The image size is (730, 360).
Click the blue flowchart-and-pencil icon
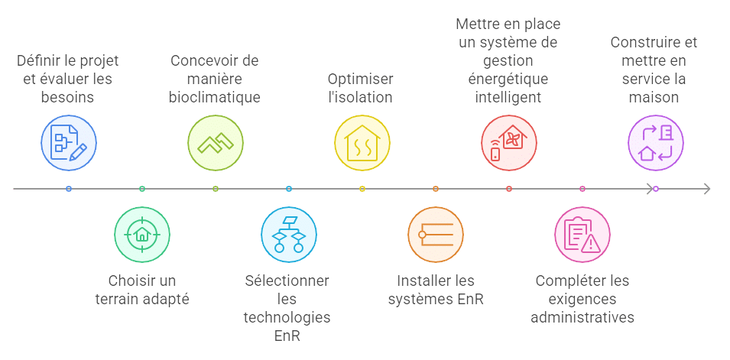point(69,142)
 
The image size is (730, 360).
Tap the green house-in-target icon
point(142,234)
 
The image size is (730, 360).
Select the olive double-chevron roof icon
point(216,142)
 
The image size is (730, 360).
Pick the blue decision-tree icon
point(289,234)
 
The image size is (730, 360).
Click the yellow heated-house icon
point(362,142)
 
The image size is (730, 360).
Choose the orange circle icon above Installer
point(436,234)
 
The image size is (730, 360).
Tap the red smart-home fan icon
point(509,142)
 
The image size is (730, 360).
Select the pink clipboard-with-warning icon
point(582,234)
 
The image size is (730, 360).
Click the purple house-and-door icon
point(656,142)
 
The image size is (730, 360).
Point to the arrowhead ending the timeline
point(707,188)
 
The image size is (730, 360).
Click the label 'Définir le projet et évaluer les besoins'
point(69,79)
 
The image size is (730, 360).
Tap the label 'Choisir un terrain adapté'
point(142,290)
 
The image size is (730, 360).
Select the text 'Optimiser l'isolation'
point(362,88)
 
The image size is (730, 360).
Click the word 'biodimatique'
point(216,97)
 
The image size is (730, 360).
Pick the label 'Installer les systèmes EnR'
point(436,290)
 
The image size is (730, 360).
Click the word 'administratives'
point(582,317)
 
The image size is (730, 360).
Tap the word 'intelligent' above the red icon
point(508,97)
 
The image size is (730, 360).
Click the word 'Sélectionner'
point(287,281)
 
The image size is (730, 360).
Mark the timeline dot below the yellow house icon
point(362,188)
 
